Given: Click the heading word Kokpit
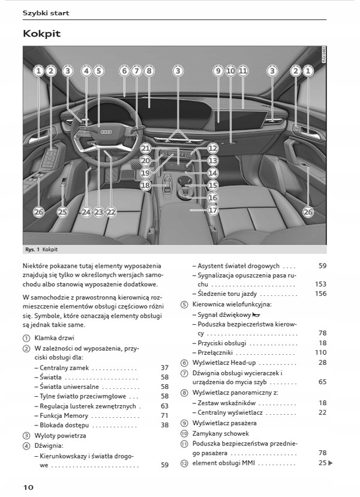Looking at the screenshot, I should (41, 34).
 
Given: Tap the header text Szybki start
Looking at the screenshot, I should (46, 13).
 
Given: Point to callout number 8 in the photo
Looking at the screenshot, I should (149, 71).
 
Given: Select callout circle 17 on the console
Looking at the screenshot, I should (213, 211).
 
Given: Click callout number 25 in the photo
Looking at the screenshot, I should (63, 212).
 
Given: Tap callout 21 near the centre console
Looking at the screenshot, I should (146, 148).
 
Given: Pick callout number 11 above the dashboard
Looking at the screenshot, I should (242, 71).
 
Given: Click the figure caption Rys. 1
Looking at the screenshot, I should (32, 249).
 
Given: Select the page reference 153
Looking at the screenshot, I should (320, 285).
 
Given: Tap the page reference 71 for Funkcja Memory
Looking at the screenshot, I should (164, 415).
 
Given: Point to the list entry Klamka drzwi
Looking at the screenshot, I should (54, 338).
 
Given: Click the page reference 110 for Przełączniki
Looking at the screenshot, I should (320, 352).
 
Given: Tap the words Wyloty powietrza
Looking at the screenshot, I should (60, 435).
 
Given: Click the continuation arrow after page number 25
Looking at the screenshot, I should (331, 463).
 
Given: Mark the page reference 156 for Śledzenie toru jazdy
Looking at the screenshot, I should (320, 294).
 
